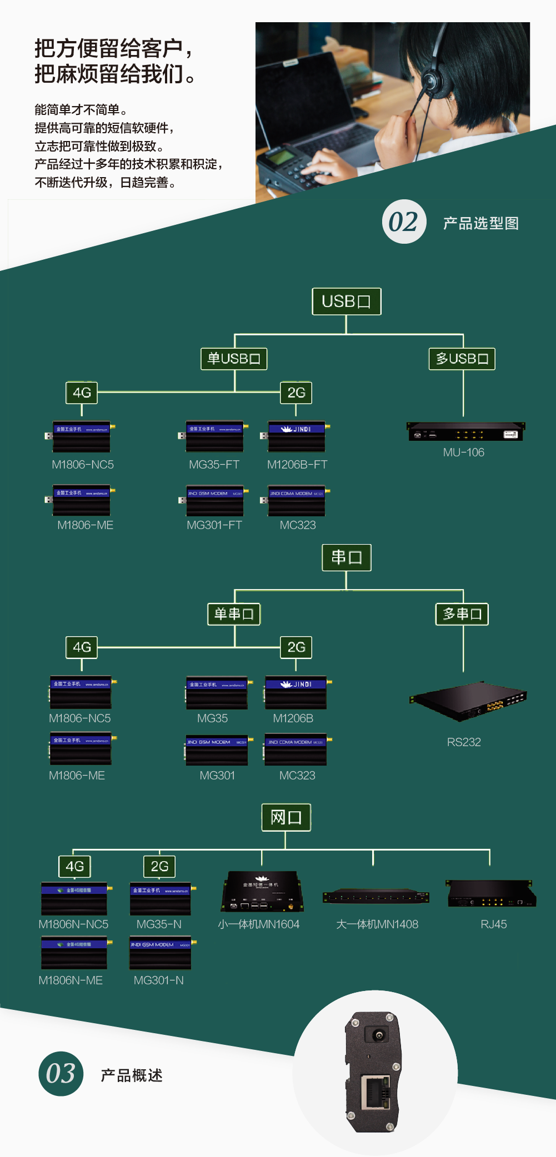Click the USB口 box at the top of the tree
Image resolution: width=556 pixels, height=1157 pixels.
tap(346, 301)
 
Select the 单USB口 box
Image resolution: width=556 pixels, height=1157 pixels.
tap(234, 359)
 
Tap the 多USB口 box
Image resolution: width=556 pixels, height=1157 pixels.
tap(462, 359)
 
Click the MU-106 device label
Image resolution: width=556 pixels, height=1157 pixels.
tap(463, 452)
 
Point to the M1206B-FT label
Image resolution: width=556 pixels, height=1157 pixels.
tap(297, 465)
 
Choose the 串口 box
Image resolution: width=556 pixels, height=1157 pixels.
tap(347, 557)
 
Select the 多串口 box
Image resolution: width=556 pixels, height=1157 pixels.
tap(462, 614)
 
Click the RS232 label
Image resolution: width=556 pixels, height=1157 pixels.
tap(464, 742)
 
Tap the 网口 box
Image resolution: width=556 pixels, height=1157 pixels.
tap(286, 818)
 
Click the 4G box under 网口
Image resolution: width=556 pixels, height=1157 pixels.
tap(75, 866)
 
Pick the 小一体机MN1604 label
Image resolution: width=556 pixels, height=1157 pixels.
tap(259, 924)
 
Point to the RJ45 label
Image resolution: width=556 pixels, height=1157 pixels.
tap(493, 924)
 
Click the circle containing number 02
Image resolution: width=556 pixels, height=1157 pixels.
tap(404, 222)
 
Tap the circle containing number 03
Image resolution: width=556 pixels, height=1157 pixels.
tap(61, 1074)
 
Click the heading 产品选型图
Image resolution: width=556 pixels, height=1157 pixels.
tap(481, 223)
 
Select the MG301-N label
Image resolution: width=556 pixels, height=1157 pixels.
tap(158, 980)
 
